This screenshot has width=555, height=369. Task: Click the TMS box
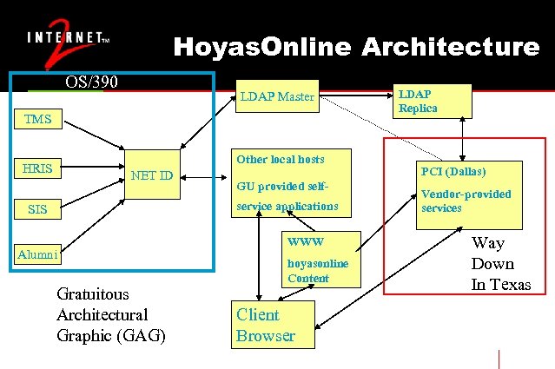[x=37, y=119]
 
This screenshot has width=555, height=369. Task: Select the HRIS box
[x=37, y=168]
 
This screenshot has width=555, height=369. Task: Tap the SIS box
[x=37, y=209]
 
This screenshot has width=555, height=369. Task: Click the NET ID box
[x=152, y=176]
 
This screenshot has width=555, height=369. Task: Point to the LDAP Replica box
[x=433, y=101]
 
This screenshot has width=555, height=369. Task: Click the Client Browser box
[x=265, y=325]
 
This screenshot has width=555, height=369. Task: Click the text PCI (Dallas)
[x=453, y=172]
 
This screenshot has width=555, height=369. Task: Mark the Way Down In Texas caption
[x=499, y=264]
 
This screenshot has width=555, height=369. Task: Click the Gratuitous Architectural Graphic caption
[x=110, y=314]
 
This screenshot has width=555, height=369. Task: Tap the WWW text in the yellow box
[x=305, y=241]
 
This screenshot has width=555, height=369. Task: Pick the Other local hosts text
[x=280, y=159]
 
